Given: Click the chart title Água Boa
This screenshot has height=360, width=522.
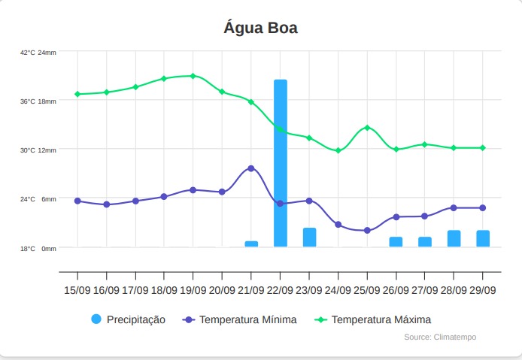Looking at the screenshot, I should (x=261, y=29).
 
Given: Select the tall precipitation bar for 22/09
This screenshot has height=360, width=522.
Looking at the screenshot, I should (x=281, y=163).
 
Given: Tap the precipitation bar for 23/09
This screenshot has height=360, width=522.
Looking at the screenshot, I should (x=309, y=237).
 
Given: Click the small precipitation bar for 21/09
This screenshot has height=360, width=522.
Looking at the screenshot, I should (x=251, y=244).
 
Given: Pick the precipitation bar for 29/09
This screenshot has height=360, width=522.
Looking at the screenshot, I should (x=483, y=238).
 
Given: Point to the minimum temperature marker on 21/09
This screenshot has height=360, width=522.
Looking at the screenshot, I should (x=251, y=168).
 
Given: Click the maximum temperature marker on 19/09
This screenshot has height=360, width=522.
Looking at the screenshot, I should (x=193, y=76).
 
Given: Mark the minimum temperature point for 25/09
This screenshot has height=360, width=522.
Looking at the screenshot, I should (x=367, y=230).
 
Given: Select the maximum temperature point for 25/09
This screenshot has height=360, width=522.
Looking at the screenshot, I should (x=367, y=128).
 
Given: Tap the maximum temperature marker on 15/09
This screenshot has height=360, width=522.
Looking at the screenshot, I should (x=77, y=94).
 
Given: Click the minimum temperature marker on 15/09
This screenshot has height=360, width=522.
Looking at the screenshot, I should (x=77, y=201).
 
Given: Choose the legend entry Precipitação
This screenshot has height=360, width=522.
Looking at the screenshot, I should (x=128, y=319).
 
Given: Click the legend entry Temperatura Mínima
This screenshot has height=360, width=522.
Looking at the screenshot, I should (x=240, y=319).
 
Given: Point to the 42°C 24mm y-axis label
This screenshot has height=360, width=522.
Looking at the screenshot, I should (x=38, y=53).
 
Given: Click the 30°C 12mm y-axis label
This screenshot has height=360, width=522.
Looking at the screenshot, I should (x=38, y=150).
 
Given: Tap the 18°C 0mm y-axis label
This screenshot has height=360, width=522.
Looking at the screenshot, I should (x=38, y=248).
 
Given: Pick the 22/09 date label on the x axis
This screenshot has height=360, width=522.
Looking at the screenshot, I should (x=281, y=290).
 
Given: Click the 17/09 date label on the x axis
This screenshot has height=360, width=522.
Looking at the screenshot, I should (x=135, y=290).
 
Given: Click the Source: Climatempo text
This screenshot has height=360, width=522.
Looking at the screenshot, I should (x=440, y=337).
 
